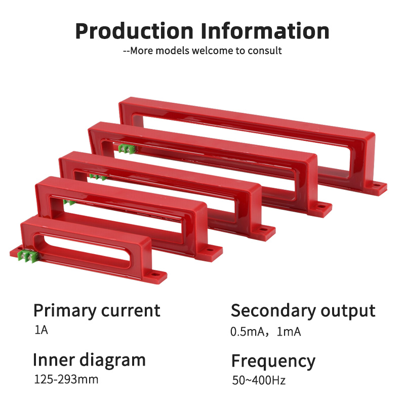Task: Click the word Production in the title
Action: [x=134, y=31]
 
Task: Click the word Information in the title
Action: [x=265, y=31]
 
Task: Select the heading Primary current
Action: [x=97, y=310]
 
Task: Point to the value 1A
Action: [x=41, y=331]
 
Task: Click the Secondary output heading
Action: [x=303, y=310]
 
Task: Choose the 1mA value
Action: [x=290, y=332]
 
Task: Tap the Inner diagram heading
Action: [x=89, y=359]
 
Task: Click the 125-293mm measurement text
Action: [x=66, y=379]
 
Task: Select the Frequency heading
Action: [x=273, y=361]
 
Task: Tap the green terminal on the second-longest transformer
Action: [x=127, y=148]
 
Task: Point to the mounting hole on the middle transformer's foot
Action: [x=264, y=229]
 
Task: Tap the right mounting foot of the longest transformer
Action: [x=377, y=187]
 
